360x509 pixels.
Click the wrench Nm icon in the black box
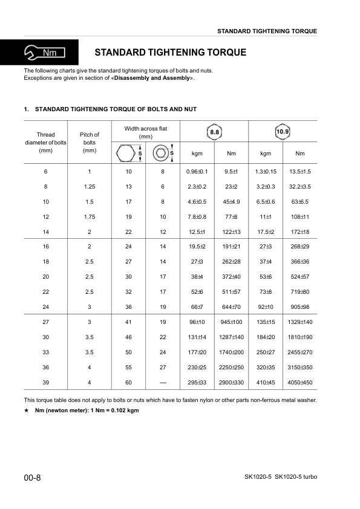pyautogui.click(x=39, y=53)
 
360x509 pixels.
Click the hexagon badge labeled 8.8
pyautogui.click(x=214, y=131)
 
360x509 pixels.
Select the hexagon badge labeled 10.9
pyautogui.click(x=283, y=131)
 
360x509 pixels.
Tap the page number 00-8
pyautogui.click(x=32, y=478)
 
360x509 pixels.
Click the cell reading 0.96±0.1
pyautogui.click(x=197, y=172)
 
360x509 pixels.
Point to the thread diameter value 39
pyautogui.click(x=45, y=382)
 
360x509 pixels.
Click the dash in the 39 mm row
pyautogui.click(x=163, y=382)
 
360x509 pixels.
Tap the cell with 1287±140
pyautogui.click(x=231, y=337)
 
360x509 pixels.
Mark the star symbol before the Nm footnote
pyautogui.click(x=27, y=411)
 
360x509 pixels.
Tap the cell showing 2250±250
pyautogui.click(x=231, y=367)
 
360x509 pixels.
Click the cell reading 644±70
pyautogui.click(x=231, y=306)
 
